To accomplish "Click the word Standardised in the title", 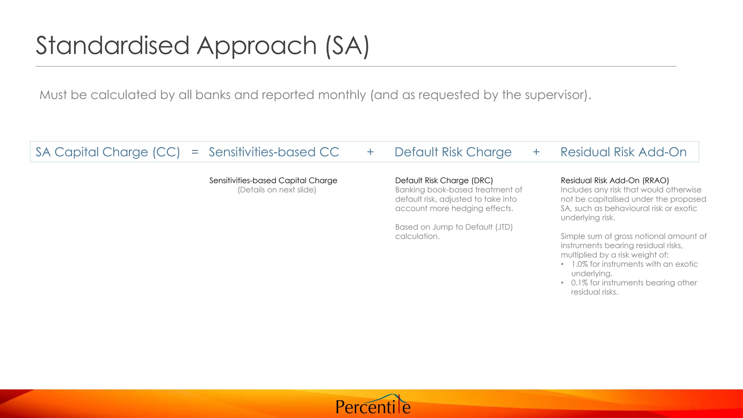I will point(112,46).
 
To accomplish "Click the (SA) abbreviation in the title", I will point(347,46).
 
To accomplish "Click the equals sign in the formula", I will point(195,152).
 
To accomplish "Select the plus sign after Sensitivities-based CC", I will point(370,152).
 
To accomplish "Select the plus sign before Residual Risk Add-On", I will point(536,152).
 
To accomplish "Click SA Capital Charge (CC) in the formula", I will point(108,152).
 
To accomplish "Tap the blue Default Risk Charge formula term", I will point(453,152).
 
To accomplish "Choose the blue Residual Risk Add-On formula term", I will point(623,152).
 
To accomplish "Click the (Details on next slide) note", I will point(277,190).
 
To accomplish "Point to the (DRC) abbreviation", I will point(482,180).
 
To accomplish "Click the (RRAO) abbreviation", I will point(656,180).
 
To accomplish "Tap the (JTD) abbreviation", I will point(504,227).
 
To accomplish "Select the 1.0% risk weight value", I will point(579,264).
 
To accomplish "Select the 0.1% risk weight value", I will point(579,283).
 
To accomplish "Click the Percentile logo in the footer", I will point(373,406).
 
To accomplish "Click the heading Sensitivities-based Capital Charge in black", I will point(273,180).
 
